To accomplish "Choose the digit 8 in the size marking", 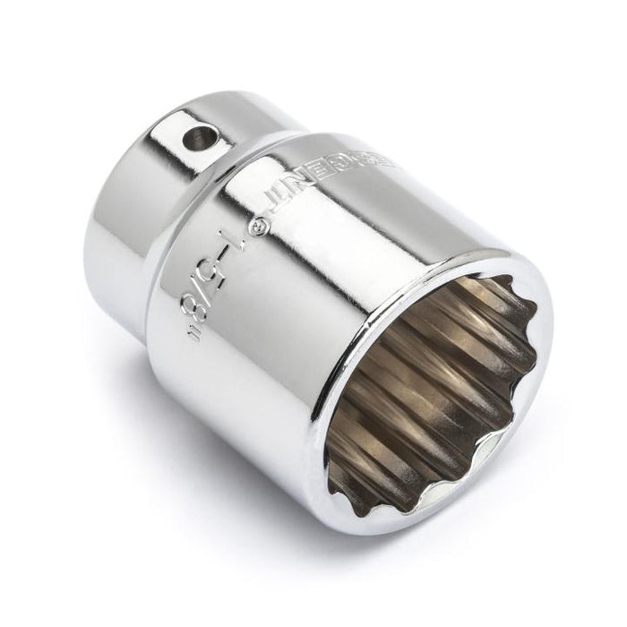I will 191,309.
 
